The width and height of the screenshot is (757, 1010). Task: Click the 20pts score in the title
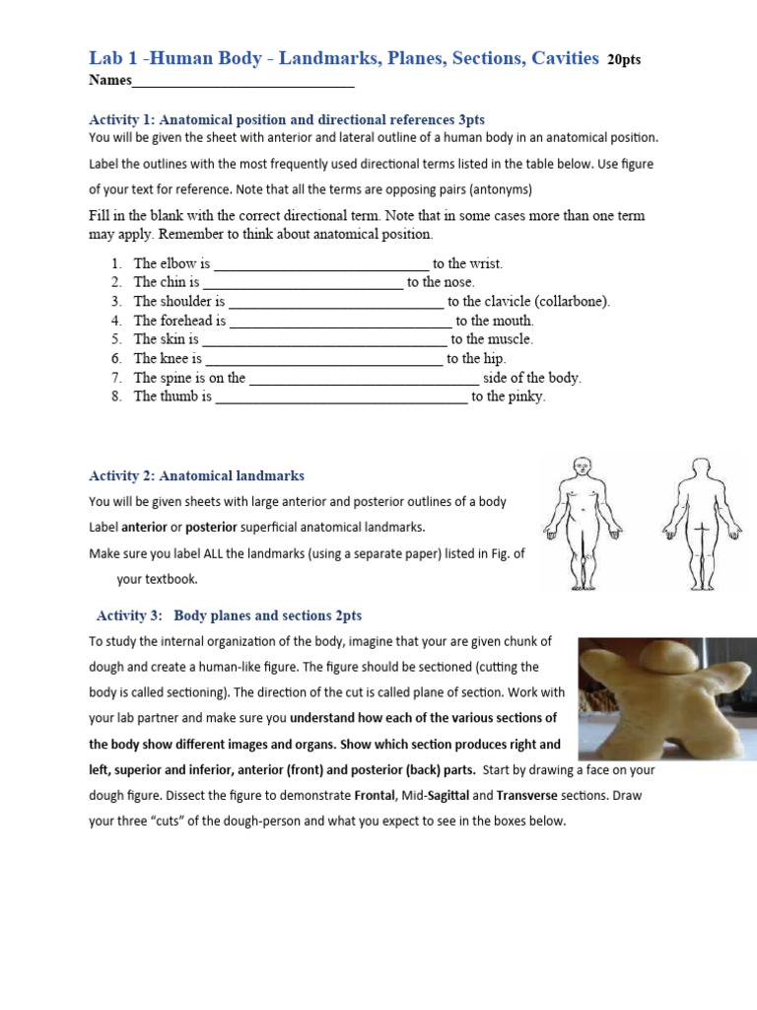624,60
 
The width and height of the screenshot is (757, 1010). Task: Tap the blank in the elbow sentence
321,264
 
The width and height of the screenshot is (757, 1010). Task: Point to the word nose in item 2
457,282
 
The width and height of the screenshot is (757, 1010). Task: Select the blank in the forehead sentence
340,322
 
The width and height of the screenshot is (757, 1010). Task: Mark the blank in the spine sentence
364,379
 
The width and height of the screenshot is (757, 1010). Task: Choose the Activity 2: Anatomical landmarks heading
197,475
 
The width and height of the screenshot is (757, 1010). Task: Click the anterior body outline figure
582,522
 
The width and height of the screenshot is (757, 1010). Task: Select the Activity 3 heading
229,615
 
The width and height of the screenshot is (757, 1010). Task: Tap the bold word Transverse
532,795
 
